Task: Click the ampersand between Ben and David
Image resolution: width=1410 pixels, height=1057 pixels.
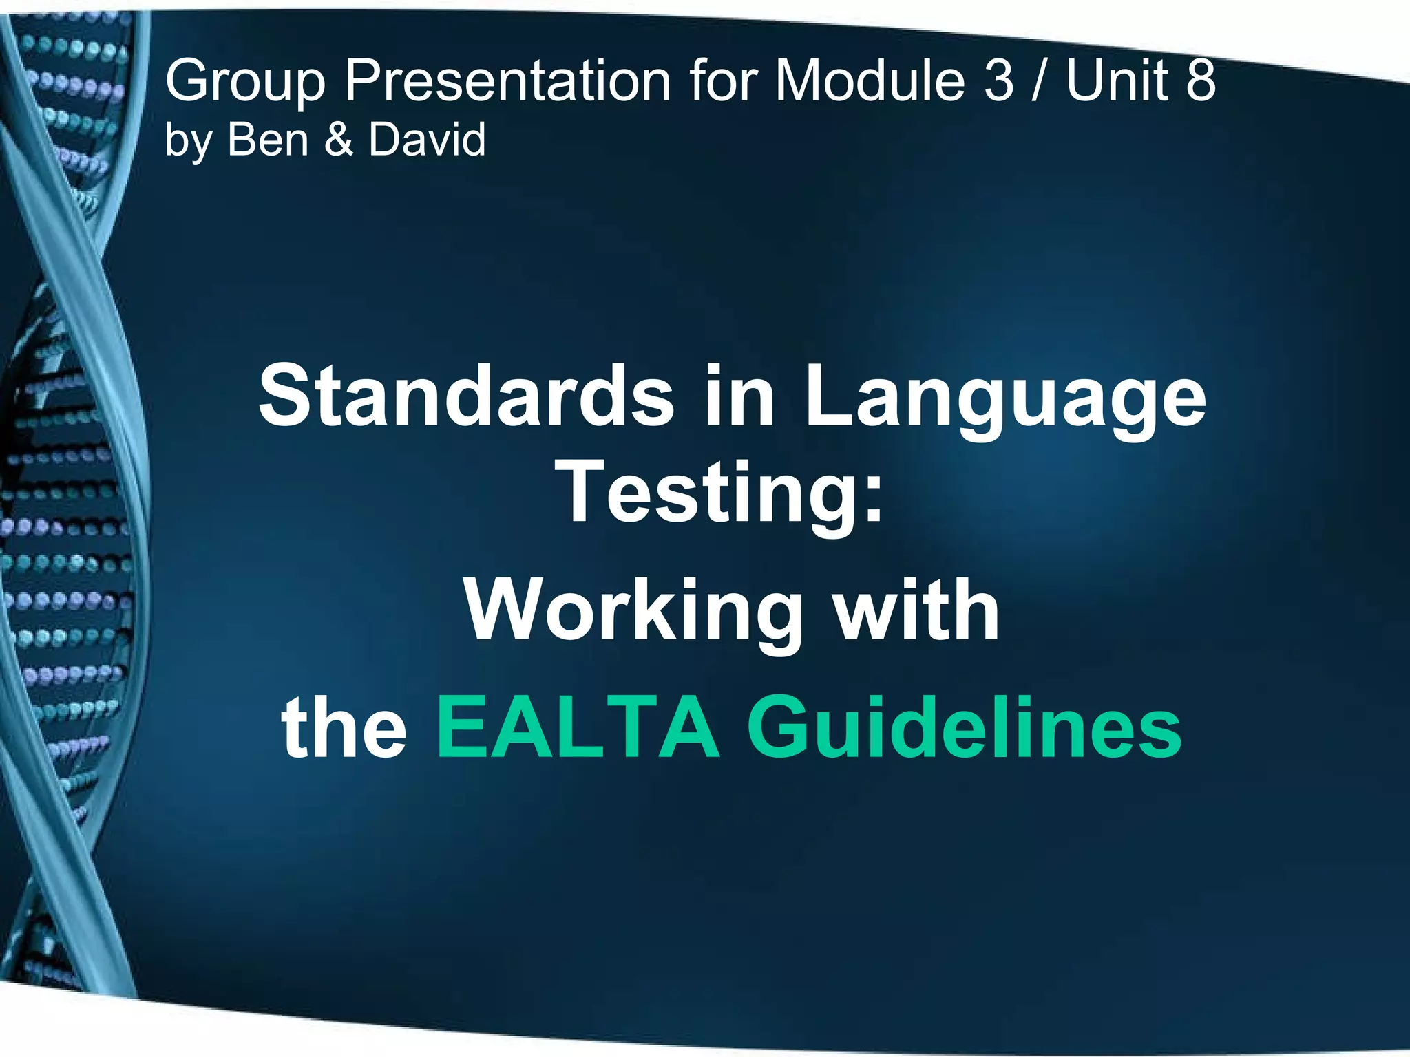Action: (338, 139)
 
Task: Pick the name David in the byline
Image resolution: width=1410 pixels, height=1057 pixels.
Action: (427, 139)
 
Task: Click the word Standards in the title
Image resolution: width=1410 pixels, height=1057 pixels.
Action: (466, 396)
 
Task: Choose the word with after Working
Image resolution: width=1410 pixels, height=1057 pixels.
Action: (916, 610)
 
